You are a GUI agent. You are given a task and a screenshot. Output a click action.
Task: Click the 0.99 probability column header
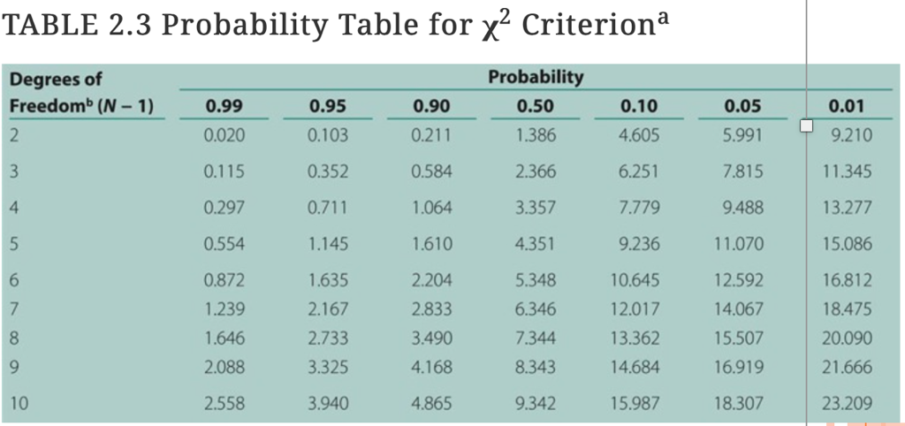click(x=223, y=107)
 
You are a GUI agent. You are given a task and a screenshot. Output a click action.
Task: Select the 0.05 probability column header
click(x=742, y=107)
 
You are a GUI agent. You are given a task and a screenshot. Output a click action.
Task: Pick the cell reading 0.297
click(x=223, y=208)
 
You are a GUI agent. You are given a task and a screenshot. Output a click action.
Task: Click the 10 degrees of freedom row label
click(x=19, y=404)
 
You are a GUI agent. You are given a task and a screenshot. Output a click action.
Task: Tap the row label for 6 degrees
click(x=13, y=281)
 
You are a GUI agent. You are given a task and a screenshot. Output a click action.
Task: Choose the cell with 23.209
click(x=848, y=404)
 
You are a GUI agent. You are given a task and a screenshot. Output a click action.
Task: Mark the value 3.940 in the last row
click(x=328, y=404)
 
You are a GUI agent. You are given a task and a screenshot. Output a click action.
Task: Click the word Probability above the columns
click(x=536, y=77)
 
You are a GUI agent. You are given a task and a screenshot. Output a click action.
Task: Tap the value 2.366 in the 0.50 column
click(x=536, y=171)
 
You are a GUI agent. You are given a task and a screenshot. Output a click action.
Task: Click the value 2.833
click(x=431, y=308)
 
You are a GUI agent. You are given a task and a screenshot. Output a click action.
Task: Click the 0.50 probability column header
click(x=536, y=107)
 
